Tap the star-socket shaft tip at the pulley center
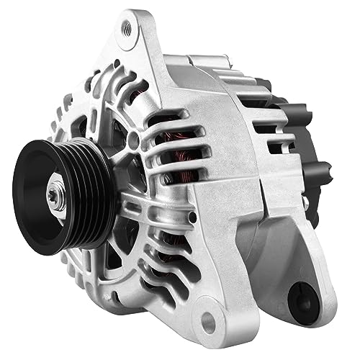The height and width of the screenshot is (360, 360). (x=55, y=195)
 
